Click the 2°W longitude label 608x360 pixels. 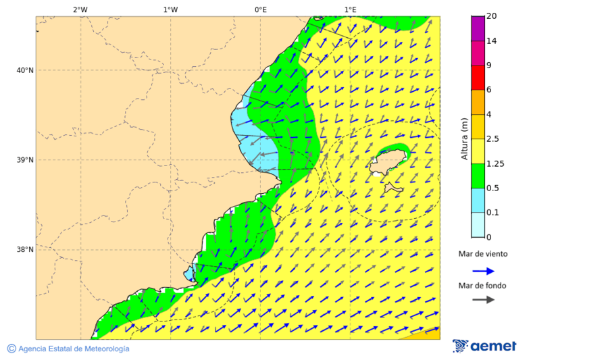coord(80,9)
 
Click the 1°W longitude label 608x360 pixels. coord(170,9)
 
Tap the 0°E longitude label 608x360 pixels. coord(260,9)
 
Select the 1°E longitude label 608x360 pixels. coord(350,9)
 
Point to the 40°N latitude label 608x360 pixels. coord(24,70)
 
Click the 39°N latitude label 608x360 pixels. coord(24,160)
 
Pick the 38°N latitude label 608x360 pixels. coord(24,250)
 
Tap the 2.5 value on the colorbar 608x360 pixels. coord(492,139)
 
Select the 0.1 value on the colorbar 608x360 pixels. coord(492,213)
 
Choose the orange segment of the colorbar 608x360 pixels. coord(478,102)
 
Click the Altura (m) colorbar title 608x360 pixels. coord(464,138)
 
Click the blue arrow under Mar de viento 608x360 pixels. coord(483,271)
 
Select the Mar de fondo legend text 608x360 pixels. coord(482,286)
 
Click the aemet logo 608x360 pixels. coord(484,346)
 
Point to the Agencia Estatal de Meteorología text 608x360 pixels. coord(73,349)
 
